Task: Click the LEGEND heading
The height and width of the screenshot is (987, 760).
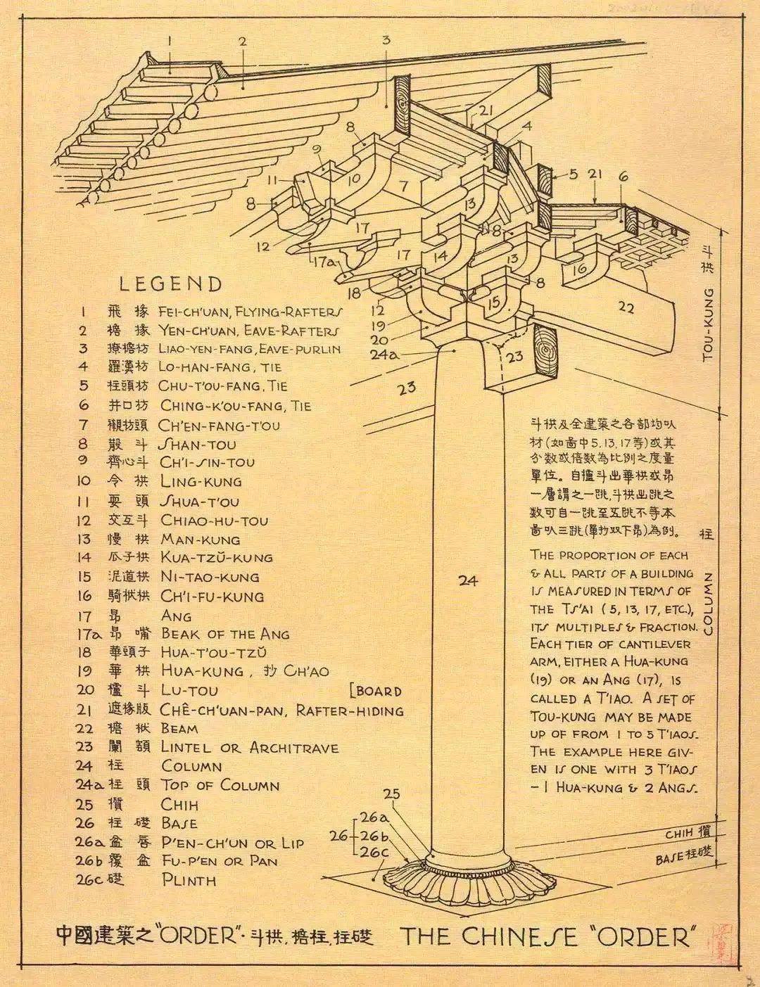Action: click(x=170, y=284)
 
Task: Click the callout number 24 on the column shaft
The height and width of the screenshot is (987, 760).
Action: click(x=468, y=580)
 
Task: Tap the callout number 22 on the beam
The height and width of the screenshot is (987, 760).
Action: click(x=627, y=306)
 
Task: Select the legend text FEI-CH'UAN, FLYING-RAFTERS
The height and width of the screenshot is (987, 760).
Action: click(x=251, y=311)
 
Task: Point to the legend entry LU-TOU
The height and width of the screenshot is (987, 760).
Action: click(x=189, y=691)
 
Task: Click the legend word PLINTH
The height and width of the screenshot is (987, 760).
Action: click(x=189, y=880)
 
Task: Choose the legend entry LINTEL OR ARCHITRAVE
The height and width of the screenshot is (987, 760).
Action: click(x=250, y=748)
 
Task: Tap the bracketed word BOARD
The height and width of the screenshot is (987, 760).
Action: click(x=376, y=691)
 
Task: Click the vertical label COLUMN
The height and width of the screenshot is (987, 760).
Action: click(x=708, y=604)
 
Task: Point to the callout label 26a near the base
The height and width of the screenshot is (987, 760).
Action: click(x=374, y=818)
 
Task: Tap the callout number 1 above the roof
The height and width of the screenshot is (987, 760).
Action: click(x=170, y=41)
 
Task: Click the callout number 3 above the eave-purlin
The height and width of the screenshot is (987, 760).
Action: click(x=386, y=40)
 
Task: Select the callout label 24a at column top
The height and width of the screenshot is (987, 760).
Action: click(x=384, y=354)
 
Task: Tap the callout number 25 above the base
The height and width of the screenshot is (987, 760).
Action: click(x=391, y=794)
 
